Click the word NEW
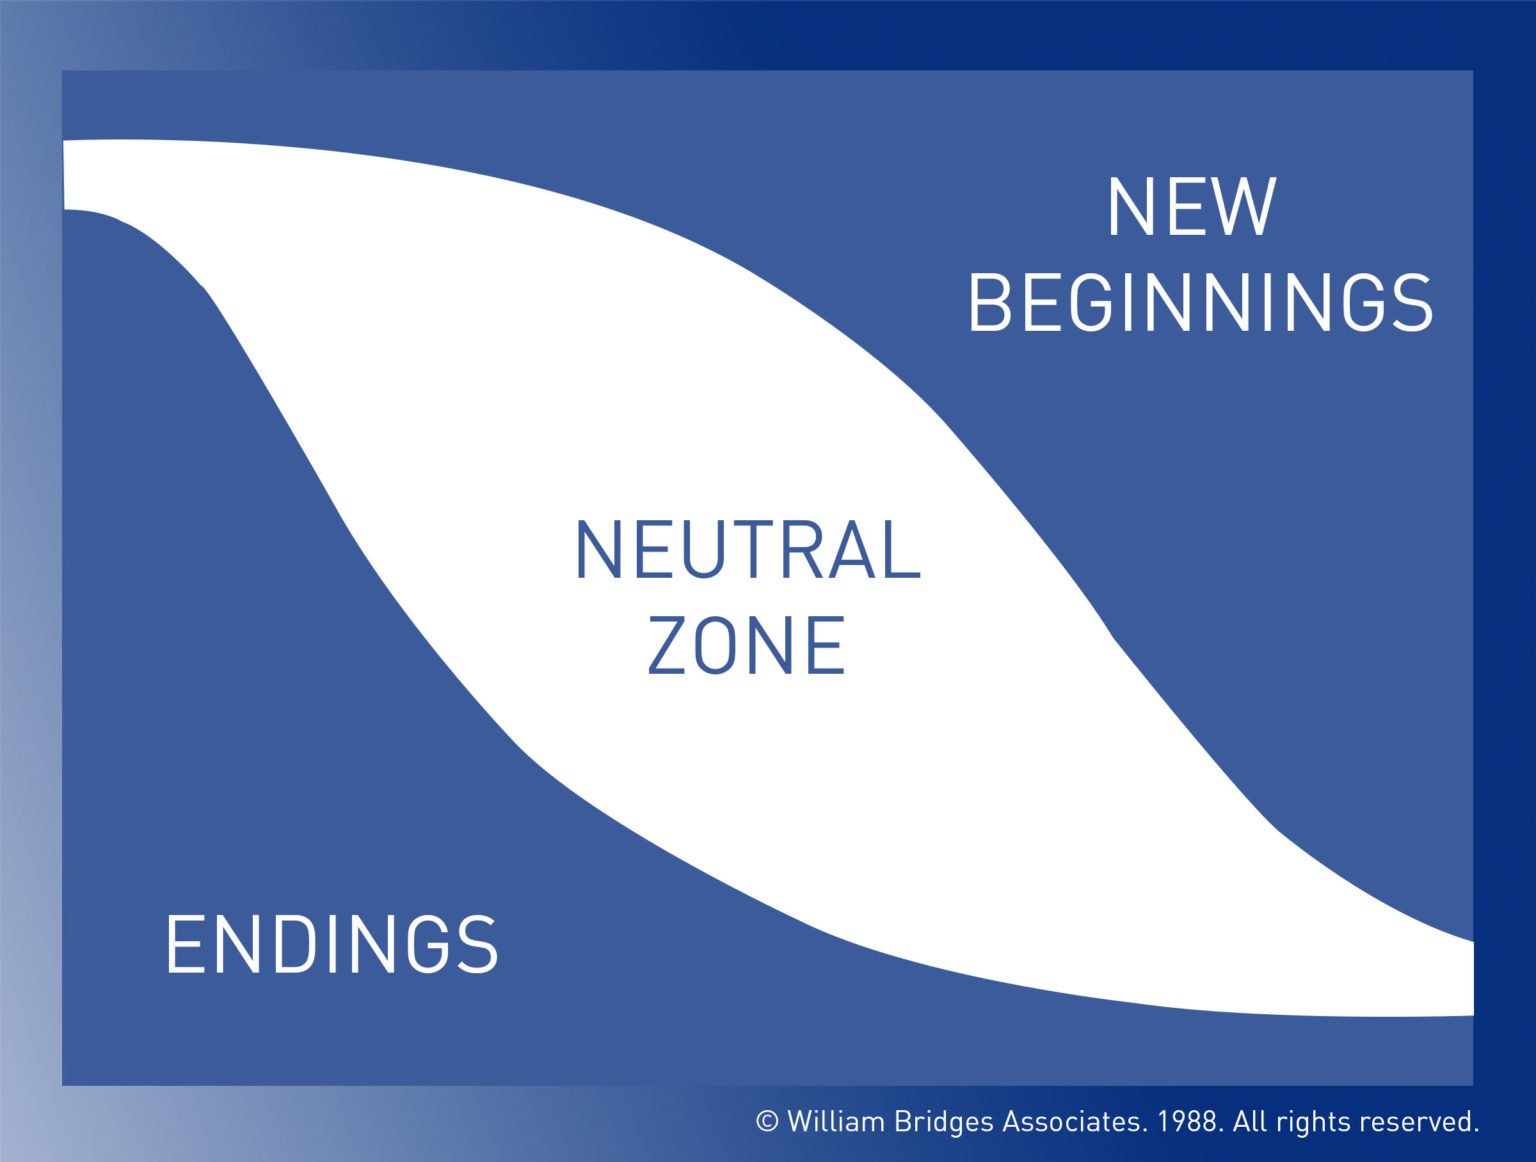click(x=1191, y=207)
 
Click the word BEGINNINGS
click(x=1200, y=303)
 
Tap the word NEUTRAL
click(x=747, y=550)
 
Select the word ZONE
click(x=746, y=645)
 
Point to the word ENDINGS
click(x=331, y=944)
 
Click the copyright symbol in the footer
click(x=767, y=1121)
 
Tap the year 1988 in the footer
click(x=1189, y=1121)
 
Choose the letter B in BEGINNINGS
click(x=992, y=303)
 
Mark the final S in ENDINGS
click(x=478, y=944)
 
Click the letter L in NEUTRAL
click(x=903, y=550)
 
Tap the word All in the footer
click(x=1250, y=1121)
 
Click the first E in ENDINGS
click(x=184, y=944)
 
